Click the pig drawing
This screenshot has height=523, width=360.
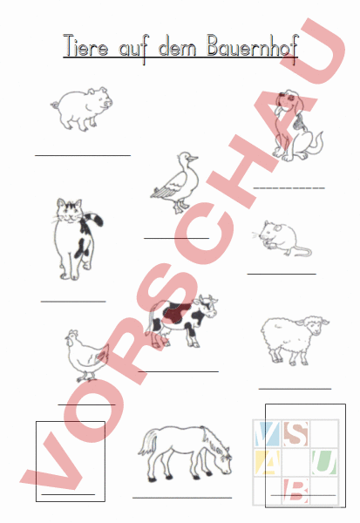[81, 108]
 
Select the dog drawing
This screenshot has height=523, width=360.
[293, 126]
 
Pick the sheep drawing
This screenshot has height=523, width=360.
[295, 340]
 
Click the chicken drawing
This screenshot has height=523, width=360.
[85, 355]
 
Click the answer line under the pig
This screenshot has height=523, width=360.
[82, 155]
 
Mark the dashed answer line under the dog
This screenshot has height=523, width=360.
[289, 187]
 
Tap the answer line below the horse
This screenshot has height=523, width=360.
[182, 497]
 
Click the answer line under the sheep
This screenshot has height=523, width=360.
[295, 388]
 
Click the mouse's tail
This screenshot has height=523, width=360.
[301, 253]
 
